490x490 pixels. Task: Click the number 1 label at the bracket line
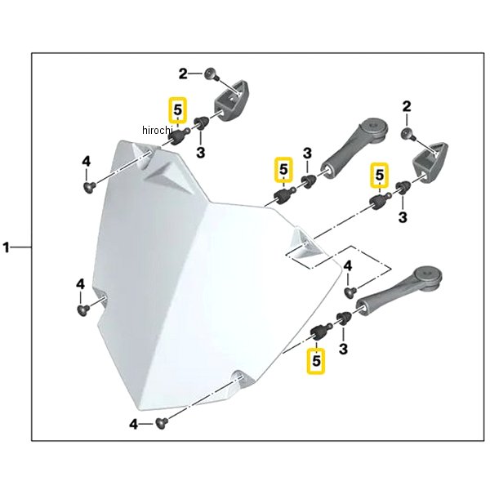click(x=9, y=247)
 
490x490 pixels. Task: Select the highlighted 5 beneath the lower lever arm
click(x=314, y=359)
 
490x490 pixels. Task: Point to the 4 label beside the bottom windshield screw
click(x=133, y=424)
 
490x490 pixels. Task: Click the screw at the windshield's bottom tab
click(x=160, y=422)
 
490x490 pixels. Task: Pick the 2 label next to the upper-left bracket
click(x=184, y=73)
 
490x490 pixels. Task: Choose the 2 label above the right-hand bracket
click(x=406, y=107)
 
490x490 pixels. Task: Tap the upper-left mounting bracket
click(x=230, y=99)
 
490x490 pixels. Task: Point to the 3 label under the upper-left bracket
click(x=199, y=152)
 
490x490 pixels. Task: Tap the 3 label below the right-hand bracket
click(x=403, y=216)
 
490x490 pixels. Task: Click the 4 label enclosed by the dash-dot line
click(x=347, y=266)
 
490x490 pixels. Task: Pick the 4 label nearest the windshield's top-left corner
click(x=86, y=162)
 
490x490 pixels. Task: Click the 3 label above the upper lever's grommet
click(x=307, y=154)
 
